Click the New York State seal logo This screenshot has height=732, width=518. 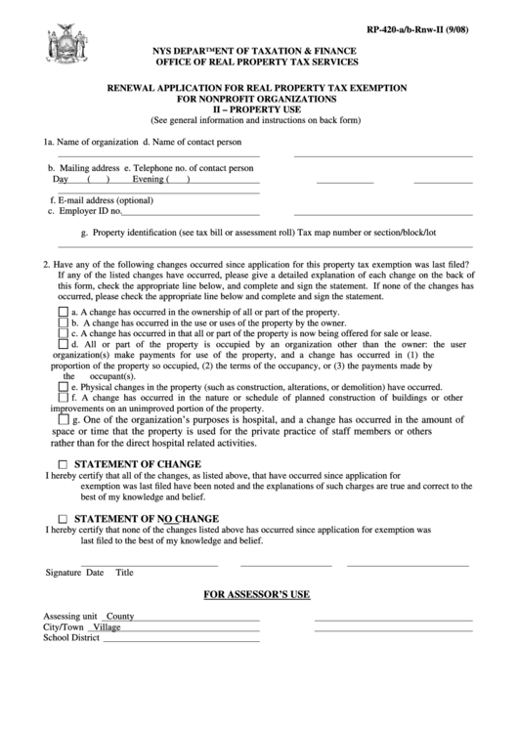(60, 45)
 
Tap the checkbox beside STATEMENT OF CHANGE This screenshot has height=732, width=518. (64, 464)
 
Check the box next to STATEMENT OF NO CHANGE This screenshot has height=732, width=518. (64, 518)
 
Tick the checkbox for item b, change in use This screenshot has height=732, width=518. (64, 323)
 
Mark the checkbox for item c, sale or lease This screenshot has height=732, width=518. (64, 333)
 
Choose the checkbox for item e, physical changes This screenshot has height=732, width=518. (64, 387)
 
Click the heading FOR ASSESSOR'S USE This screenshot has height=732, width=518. (259, 594)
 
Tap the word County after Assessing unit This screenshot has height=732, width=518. (120, 617)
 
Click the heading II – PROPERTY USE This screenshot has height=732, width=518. (259, 110)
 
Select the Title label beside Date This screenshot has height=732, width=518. (124, 573)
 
